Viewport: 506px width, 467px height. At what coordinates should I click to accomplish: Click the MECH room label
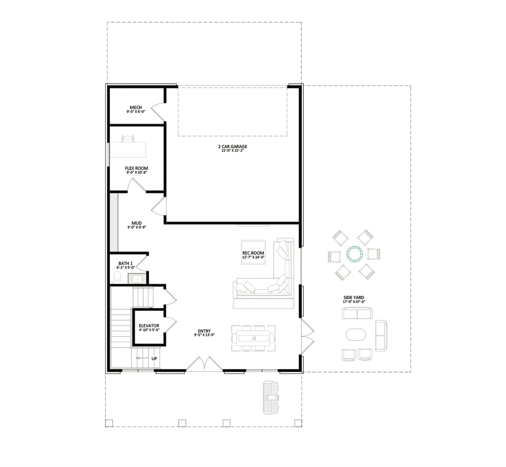[x=136, y=107]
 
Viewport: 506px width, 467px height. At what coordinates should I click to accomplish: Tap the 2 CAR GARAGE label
[x=233, y=147]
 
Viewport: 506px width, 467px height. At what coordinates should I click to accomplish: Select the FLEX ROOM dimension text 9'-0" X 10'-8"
[x=137, y=172]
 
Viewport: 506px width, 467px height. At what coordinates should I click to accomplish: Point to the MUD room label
[x=137, y=223]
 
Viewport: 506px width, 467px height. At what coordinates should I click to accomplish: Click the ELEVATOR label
[x=149, y=326]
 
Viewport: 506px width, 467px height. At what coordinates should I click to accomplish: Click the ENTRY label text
[x=204, y=331]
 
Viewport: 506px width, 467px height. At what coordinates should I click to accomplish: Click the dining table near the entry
[x=253, y=338]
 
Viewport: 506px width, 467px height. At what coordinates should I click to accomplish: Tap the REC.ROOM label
[x=253, y=253]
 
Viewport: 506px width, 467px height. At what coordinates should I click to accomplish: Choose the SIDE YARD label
[x=354, y=298]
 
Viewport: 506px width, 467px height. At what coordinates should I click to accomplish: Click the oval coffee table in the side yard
[x=356, y=334]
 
